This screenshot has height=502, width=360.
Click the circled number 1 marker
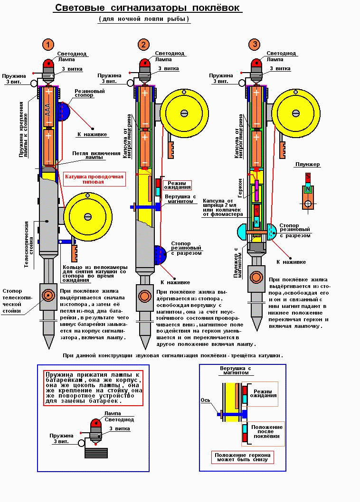[47, 45]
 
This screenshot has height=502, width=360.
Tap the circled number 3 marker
[255, 45]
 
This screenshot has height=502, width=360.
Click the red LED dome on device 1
[48, 64]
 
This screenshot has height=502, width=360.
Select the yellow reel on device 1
[87, 216]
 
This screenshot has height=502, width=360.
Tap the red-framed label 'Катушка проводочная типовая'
[94, 179]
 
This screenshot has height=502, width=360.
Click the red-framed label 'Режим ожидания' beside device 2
[177, 185]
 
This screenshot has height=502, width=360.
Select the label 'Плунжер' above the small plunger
[308, 165]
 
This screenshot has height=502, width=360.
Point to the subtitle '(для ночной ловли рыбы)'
[144, 19]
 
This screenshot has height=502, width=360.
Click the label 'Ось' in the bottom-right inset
[206, 400]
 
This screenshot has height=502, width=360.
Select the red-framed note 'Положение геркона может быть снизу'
[243, 457]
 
